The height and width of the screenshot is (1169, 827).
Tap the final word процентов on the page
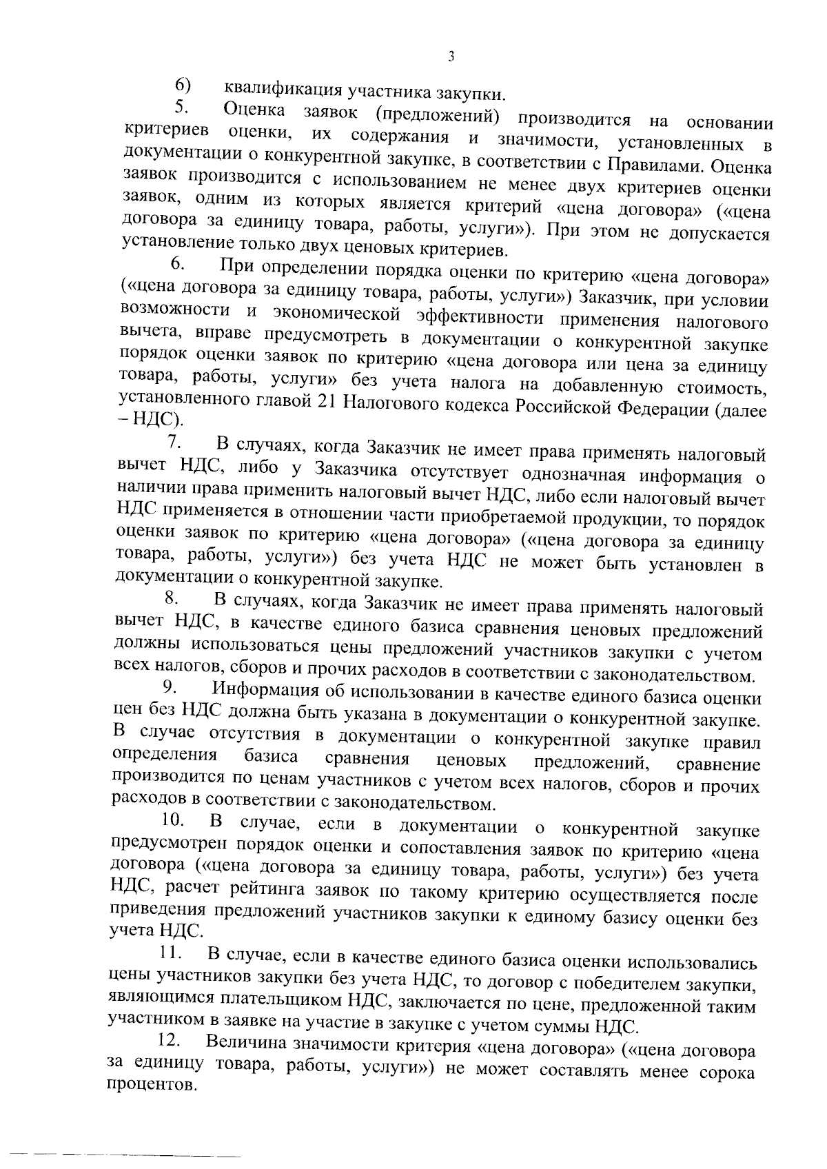[151, 1086]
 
